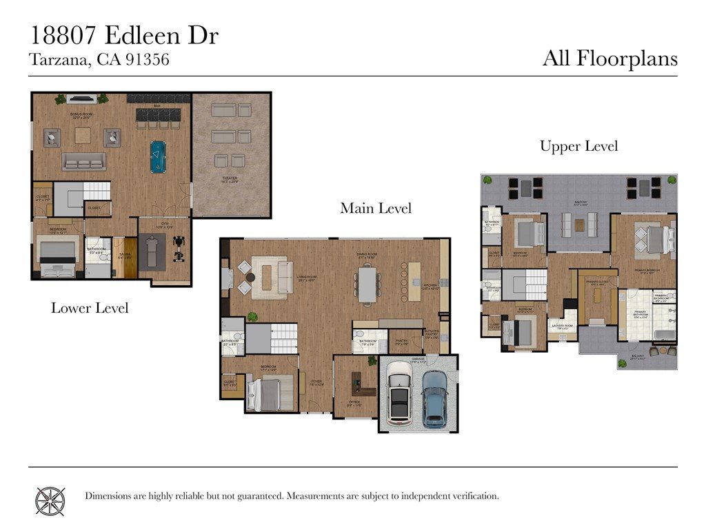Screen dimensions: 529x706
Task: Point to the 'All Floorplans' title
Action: (x=609, y=58)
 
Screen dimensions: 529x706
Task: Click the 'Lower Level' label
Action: (x=90, y=308)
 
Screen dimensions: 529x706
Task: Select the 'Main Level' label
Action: (x=376, y=208)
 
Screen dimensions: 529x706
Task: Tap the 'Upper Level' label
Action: (x=578, y=146)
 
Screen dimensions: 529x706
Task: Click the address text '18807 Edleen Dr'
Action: (x=124, y=36)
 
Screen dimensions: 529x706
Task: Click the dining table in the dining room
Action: (x=367, y=284)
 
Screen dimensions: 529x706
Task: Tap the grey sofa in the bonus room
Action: (x=83, y=161)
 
